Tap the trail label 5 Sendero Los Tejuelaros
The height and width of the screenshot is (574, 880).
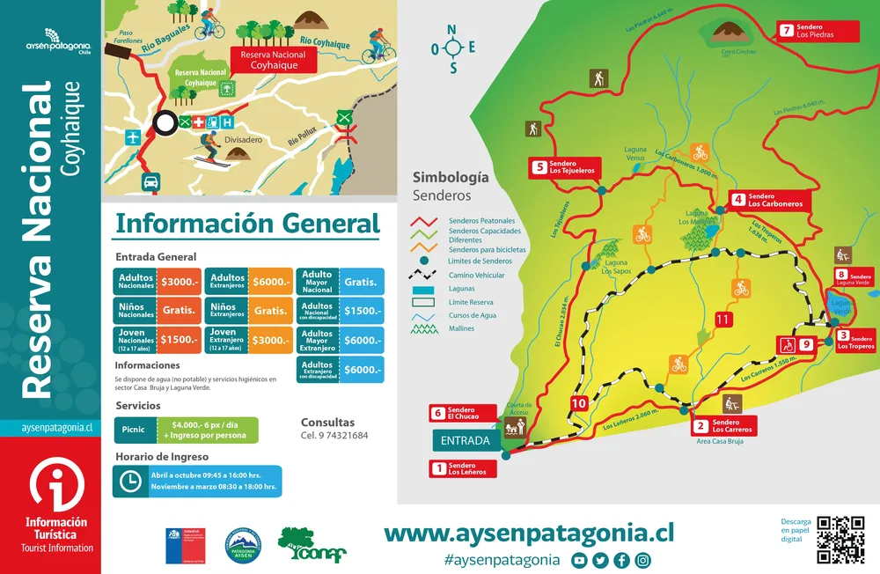pos(562,167)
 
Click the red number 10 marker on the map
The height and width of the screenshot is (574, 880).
pos(578,404)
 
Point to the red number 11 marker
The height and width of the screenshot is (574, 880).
pos(722,320)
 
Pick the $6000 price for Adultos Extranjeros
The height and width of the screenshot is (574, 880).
pos(270,282)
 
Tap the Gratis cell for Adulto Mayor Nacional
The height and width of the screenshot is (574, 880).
pos(361,282)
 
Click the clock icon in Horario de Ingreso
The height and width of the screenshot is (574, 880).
pos(129,481)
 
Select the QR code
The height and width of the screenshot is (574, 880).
pos(840,539)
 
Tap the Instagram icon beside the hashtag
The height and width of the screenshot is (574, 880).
pos(643,560)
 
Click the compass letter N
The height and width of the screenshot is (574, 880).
pos(452,29)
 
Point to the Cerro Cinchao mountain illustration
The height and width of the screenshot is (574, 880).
pos(729,34)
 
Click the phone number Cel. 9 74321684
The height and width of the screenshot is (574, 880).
pos(334,436)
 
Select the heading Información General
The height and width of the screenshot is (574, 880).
pos(247,224)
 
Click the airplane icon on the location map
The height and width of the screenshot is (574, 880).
pos(133,137)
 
